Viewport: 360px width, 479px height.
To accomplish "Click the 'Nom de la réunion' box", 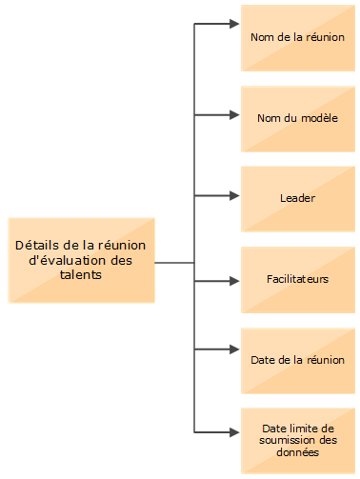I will click(x=297, y=38).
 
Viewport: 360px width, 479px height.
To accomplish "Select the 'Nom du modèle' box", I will click(x=297, y=118).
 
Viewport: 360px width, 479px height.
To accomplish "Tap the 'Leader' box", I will click(x=297, y=198).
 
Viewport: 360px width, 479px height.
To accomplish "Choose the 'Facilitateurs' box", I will click(x=297, y=280).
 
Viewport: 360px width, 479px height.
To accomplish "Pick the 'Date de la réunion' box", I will click(x=297, y=360).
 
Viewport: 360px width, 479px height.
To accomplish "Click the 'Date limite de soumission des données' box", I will click(x=297, y=441).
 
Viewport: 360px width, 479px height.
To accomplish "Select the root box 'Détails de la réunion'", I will click(x=81, y=260).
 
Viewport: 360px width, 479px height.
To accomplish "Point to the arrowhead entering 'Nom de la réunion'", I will click(x=234, y=24).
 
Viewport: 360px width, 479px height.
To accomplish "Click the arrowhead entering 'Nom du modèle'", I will click(x=234, y=116).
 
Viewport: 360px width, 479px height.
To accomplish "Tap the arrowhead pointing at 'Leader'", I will click(x=234, y=197).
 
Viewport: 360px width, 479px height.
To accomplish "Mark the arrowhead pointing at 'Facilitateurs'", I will click(x=234, y=281).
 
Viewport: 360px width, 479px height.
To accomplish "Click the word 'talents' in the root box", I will click(x=80, y=274).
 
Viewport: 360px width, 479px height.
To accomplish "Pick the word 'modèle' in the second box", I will click(x=320, y=118).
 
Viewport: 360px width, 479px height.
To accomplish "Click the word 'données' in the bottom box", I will click(x=297, y=452).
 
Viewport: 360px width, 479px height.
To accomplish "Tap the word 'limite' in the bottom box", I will click(x=301, y=429).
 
